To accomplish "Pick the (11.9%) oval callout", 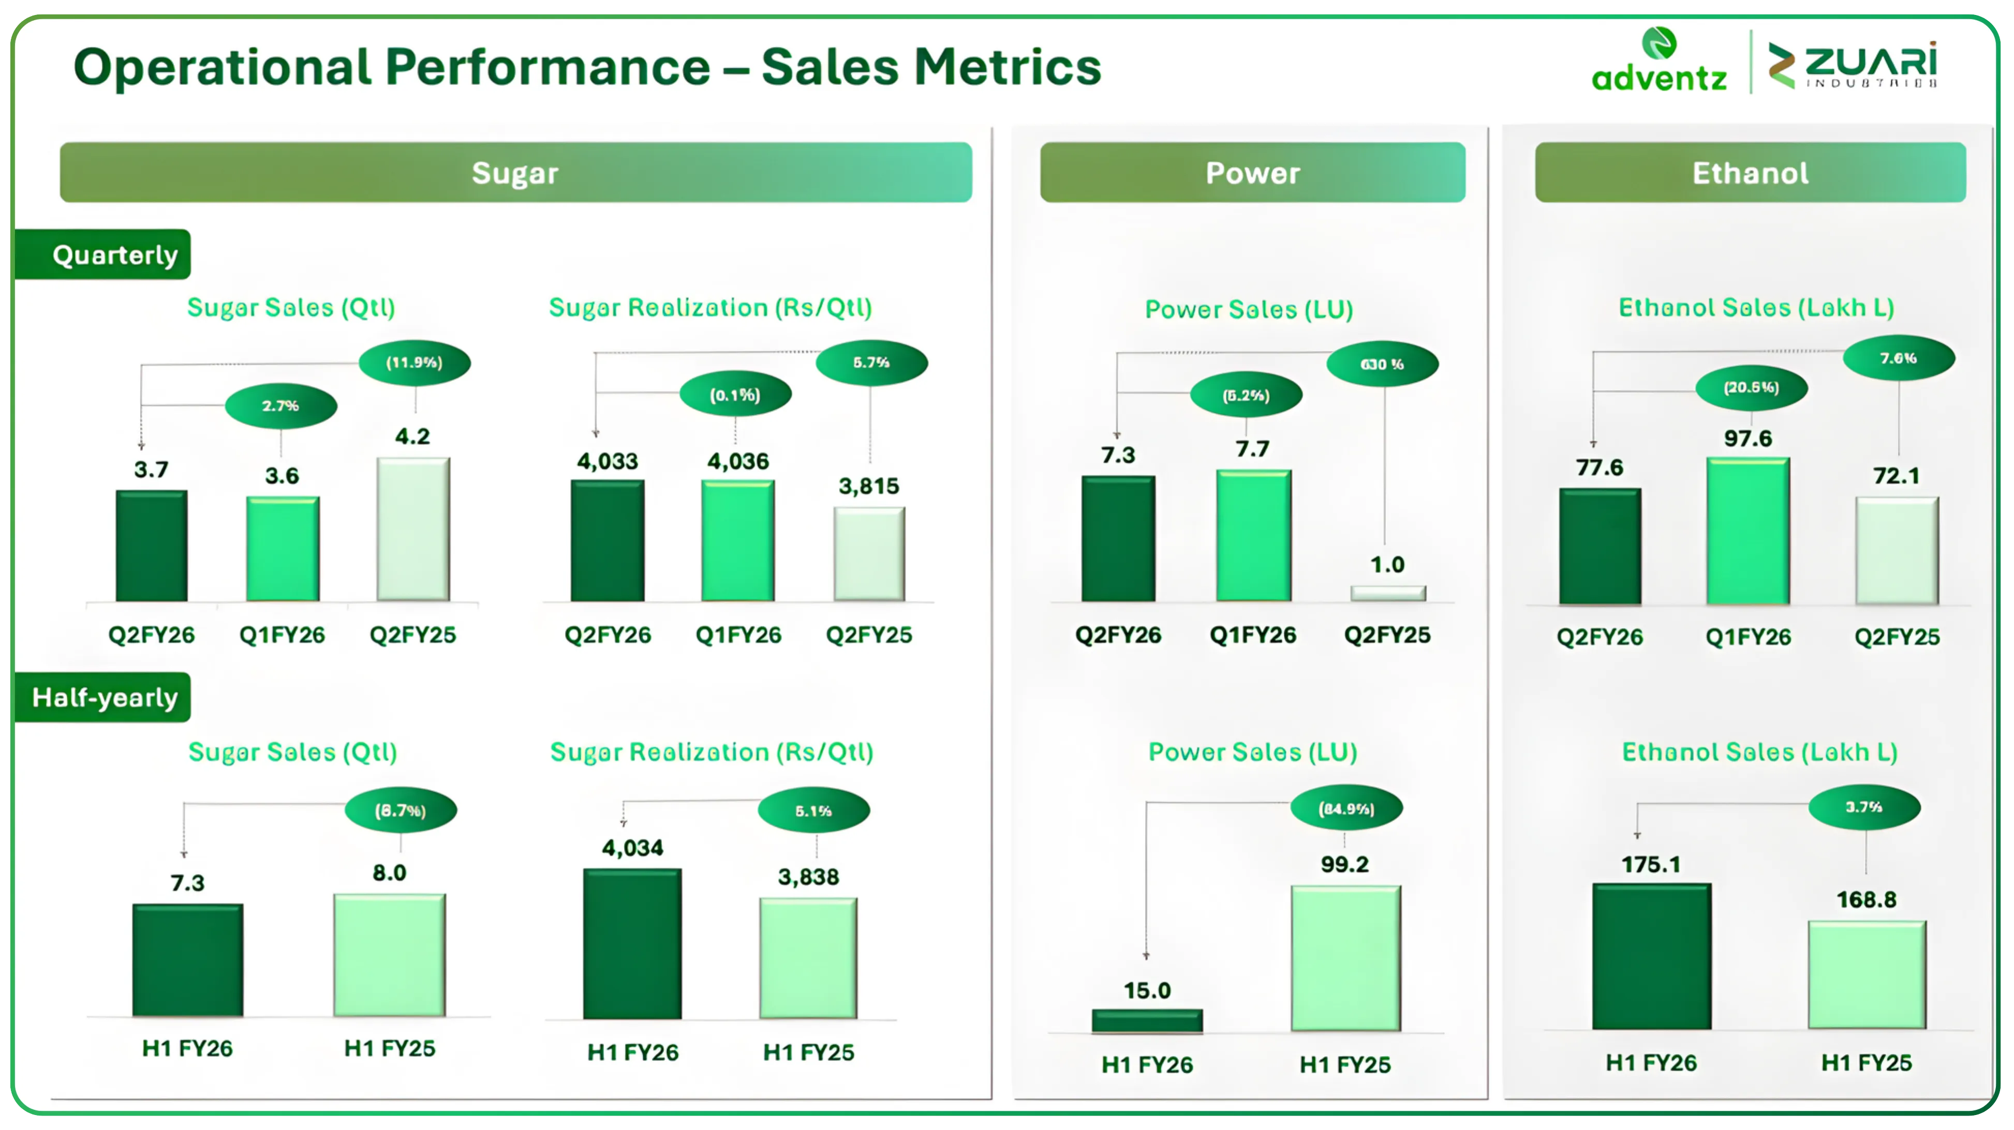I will [x=414, y=363].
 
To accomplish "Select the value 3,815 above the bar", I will [x=869, y=486].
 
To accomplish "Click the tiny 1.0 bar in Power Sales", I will [x=1388, y=593].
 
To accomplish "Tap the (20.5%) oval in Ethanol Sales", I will [x=1751, y=387].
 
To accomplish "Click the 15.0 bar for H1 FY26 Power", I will [x=1147, y=1020].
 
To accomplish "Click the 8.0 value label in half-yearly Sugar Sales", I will [x=389, y=872].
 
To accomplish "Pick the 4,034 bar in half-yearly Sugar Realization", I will [x=632, y=943].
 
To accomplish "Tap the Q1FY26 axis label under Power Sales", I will [x=1252, y=635].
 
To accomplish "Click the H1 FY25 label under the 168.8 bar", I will [x=1866, y=1062].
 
